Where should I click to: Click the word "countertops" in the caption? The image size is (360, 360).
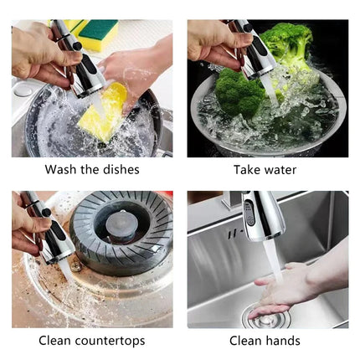110,341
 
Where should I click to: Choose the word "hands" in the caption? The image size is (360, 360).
283,341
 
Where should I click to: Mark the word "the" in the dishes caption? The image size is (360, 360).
90,170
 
